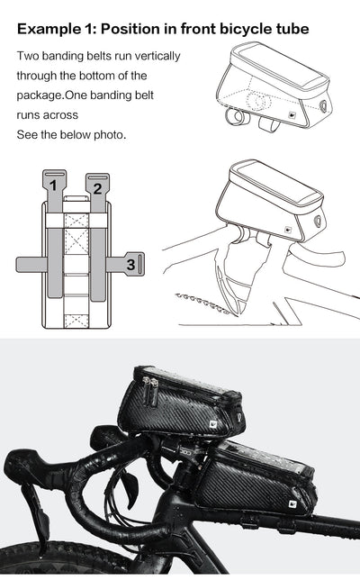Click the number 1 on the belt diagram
[x=54, y=186]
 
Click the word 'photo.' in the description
[x=107, y=134]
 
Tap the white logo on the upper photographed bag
[x=237, y=417]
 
